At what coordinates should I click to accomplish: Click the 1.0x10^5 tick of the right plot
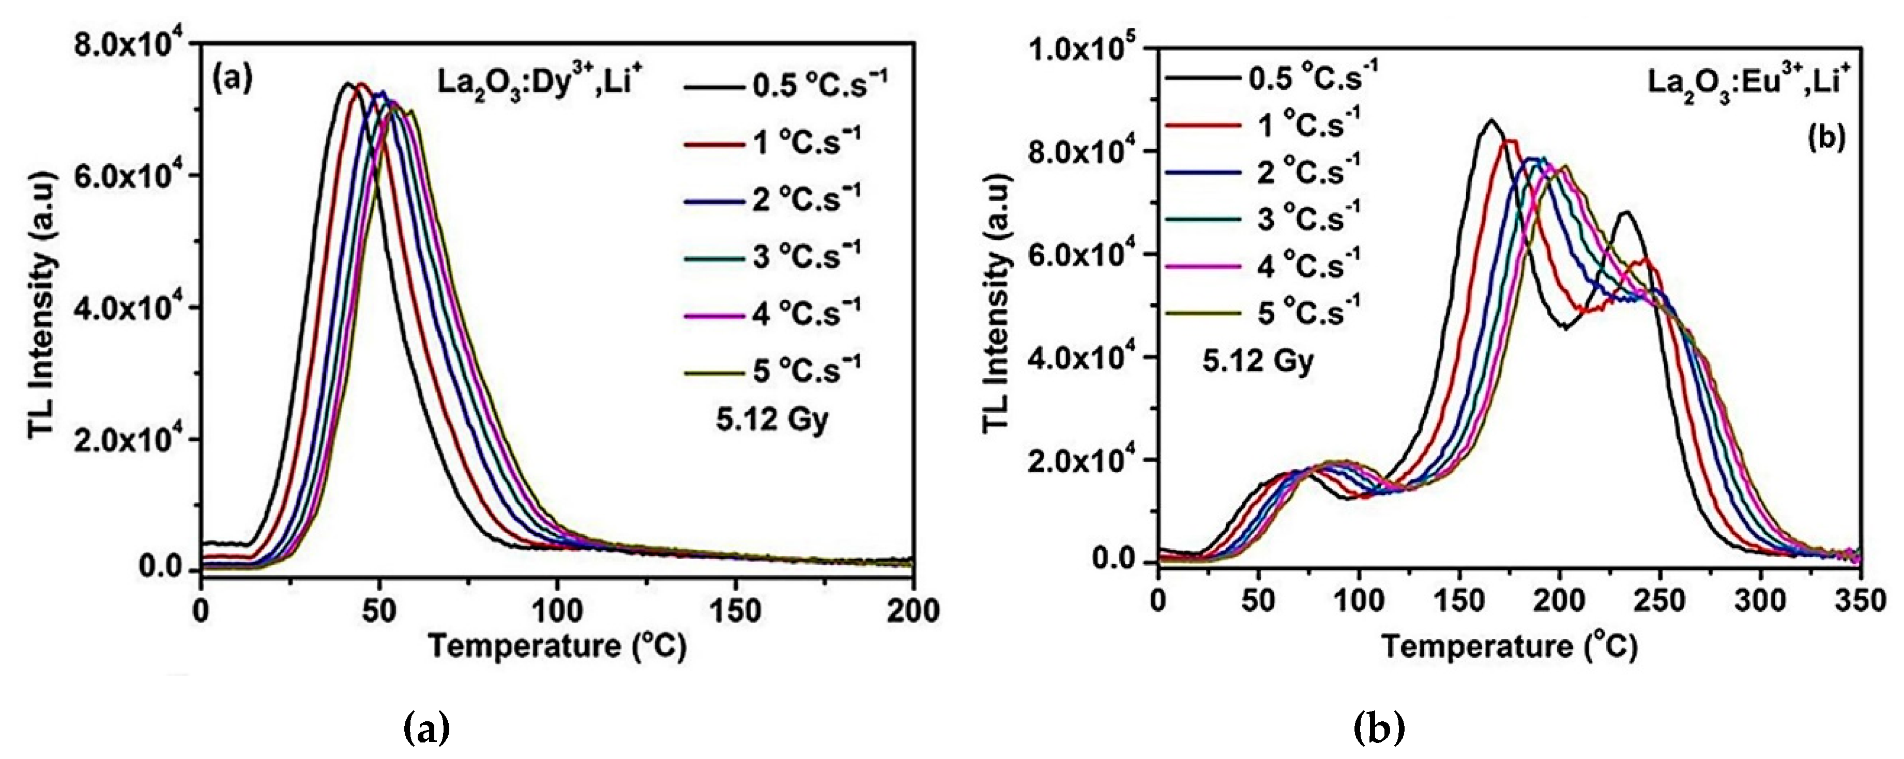pyautogui.click(x=1087, y=49)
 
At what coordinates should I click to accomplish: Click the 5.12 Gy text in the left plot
pyautogui.click(x=772, y=420)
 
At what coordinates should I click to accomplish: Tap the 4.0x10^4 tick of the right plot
pyautogui.click(x=1087, y=358)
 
